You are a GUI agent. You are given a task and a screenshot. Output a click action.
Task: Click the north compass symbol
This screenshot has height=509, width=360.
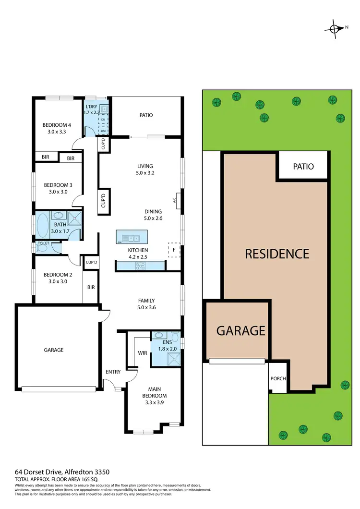coord(335,28)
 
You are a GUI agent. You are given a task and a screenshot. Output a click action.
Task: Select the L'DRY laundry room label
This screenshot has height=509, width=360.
coord(91,107)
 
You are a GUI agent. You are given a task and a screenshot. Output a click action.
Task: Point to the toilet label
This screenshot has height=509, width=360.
coord(43,243)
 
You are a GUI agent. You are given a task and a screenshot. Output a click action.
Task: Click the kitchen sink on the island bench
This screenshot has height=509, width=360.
coord(131,238)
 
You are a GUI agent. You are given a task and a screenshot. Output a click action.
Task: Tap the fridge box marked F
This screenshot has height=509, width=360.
coord(173,250)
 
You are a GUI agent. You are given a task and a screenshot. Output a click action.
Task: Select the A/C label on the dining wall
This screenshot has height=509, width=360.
coord(176,200)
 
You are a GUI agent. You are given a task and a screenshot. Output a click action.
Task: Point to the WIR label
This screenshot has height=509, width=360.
coord(143,352)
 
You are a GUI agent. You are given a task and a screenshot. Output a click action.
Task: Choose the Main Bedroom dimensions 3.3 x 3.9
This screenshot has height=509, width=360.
coord(154,403)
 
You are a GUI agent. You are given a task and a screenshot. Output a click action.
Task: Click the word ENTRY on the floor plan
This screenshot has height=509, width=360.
coord(113,372)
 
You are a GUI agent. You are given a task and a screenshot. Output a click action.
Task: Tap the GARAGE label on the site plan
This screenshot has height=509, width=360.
coord(240,330)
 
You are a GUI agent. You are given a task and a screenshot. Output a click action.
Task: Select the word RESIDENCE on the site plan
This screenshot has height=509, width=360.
coord(277,254)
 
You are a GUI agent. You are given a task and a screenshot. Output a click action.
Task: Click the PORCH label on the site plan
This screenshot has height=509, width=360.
coord(278,378)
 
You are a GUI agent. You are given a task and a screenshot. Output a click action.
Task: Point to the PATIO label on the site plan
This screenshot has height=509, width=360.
coord(303,167)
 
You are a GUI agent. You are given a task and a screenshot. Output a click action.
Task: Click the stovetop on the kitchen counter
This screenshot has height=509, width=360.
coord(140,265)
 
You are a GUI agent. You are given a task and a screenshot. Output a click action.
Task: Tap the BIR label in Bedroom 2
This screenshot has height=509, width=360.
coord(91,287)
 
